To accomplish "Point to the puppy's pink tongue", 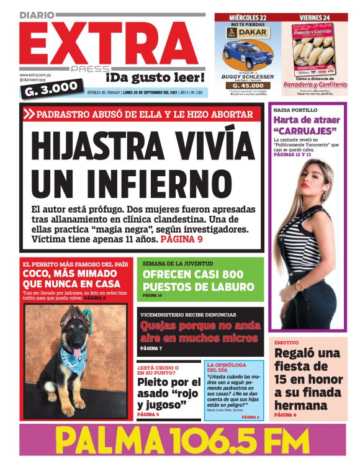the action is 76,351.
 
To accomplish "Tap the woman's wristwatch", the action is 300,286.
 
